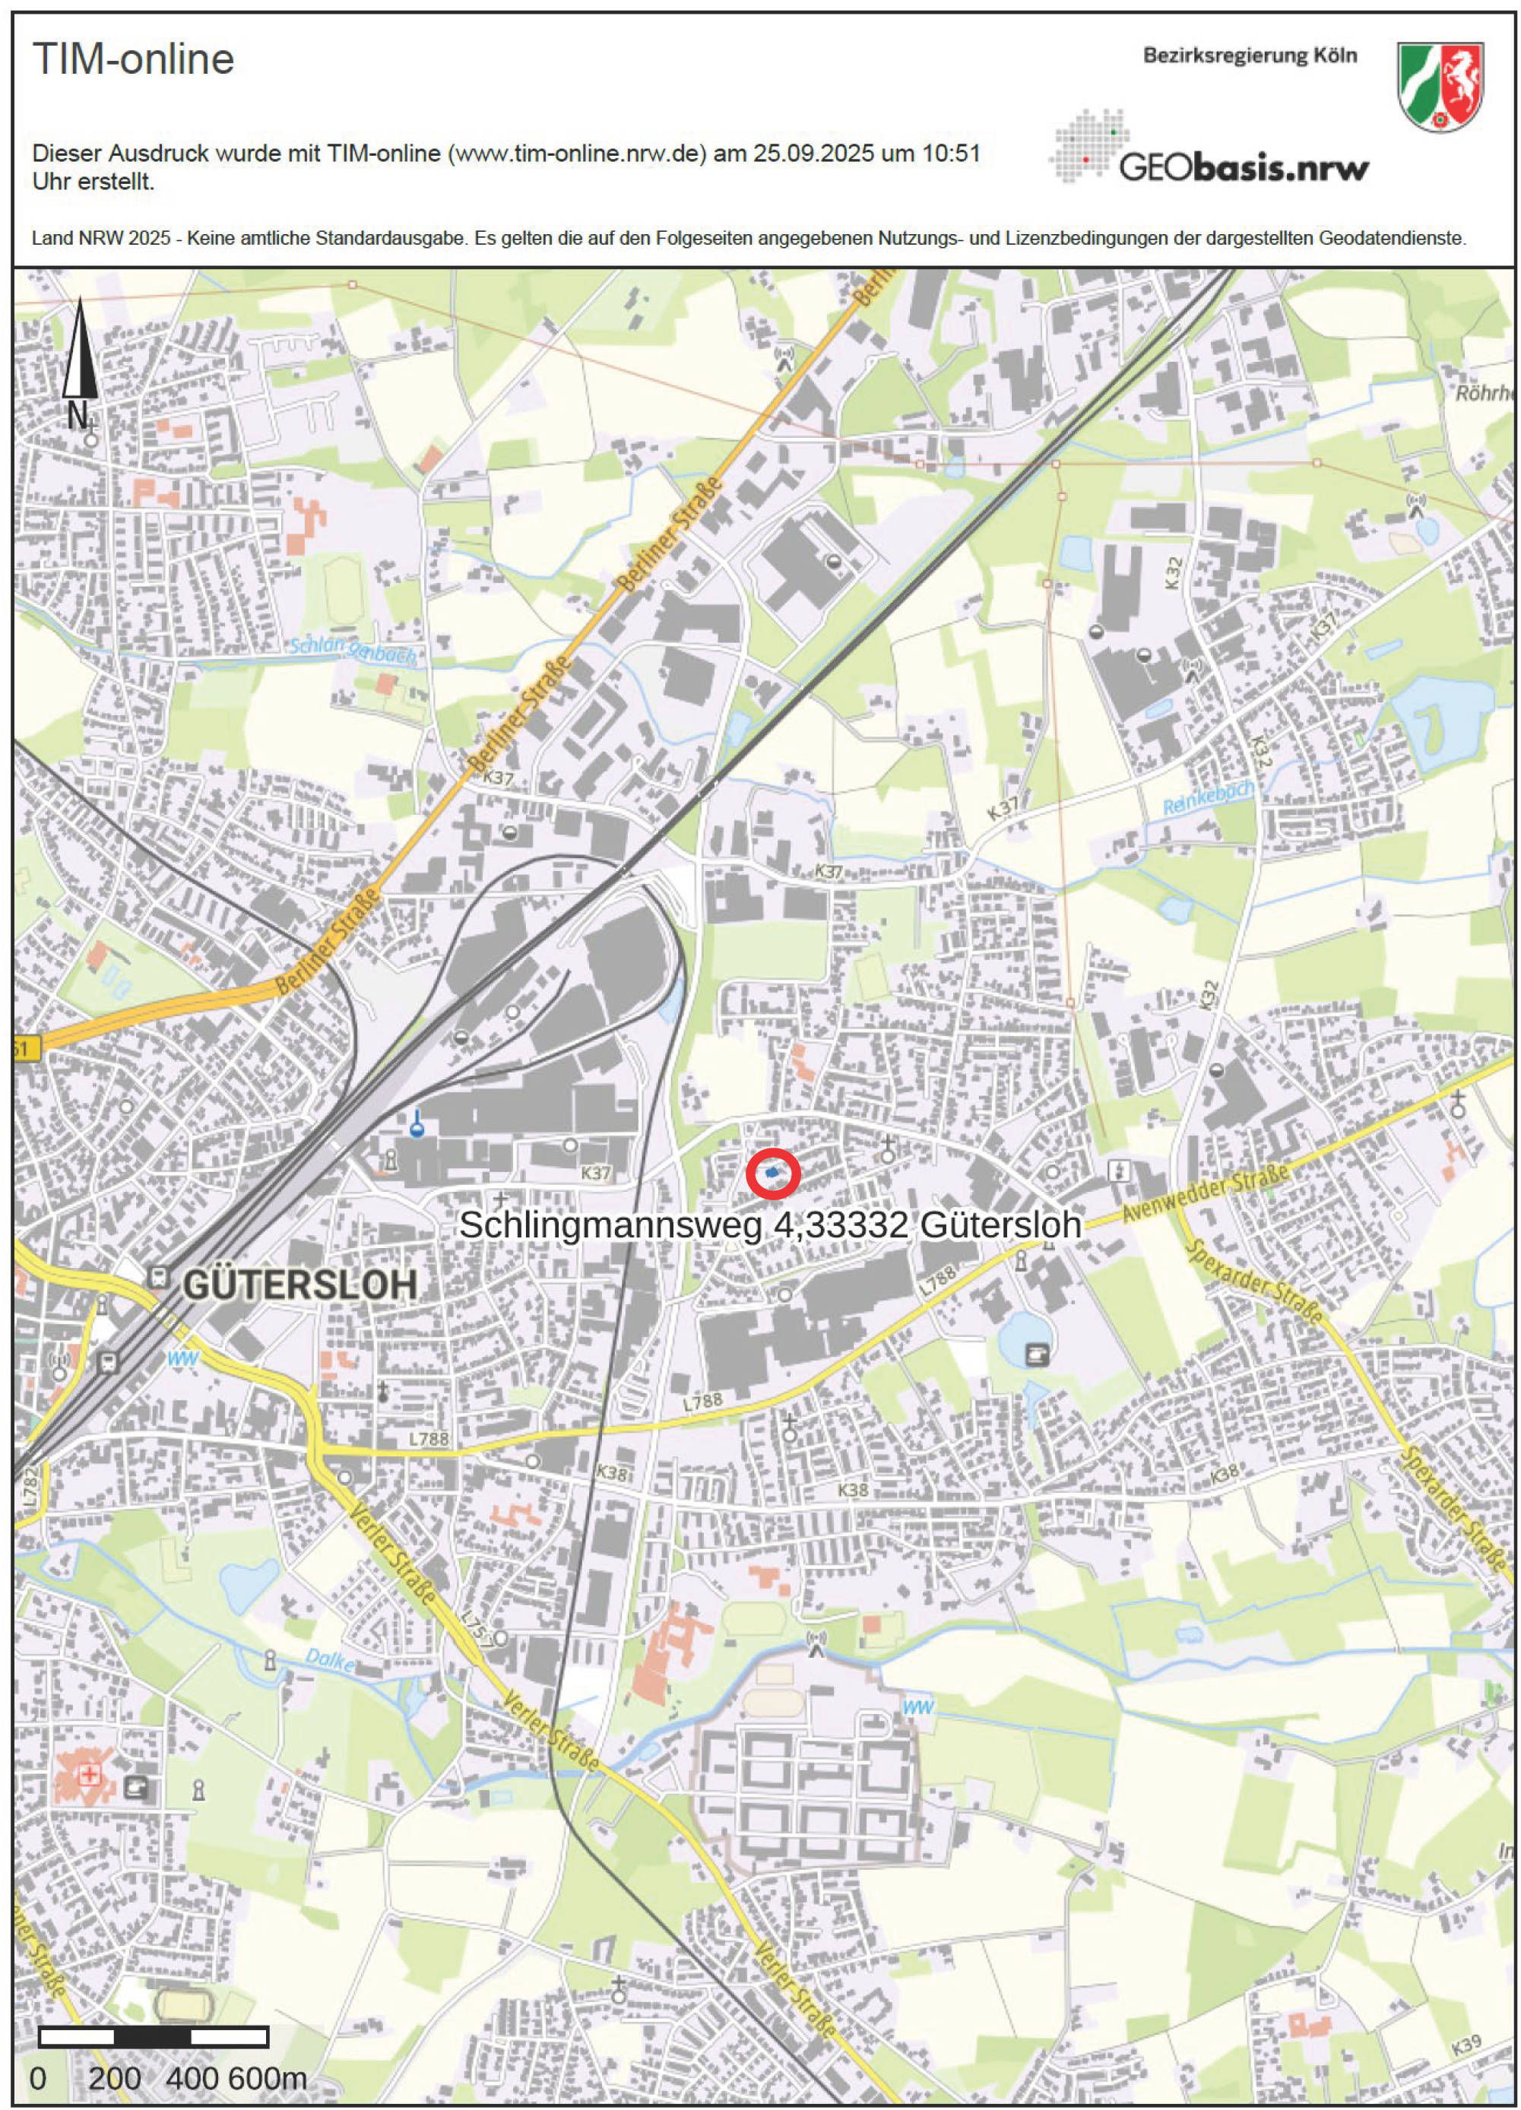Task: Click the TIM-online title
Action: (x=133, y=59)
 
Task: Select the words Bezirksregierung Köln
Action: (x=1250, y=55)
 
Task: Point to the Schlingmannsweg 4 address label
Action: (x=770, y=1224)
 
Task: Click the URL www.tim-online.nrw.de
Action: (x=577, y=154)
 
